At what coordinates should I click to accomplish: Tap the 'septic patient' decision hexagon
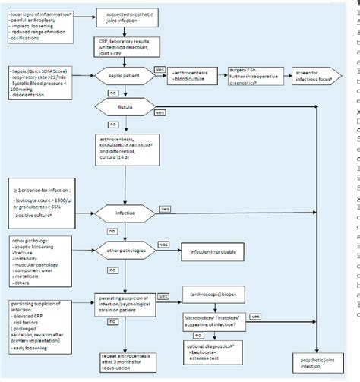tap(126, 97)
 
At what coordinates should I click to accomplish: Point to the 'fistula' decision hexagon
tap(126, 130)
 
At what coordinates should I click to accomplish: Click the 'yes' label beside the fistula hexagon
tap(159, 134)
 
